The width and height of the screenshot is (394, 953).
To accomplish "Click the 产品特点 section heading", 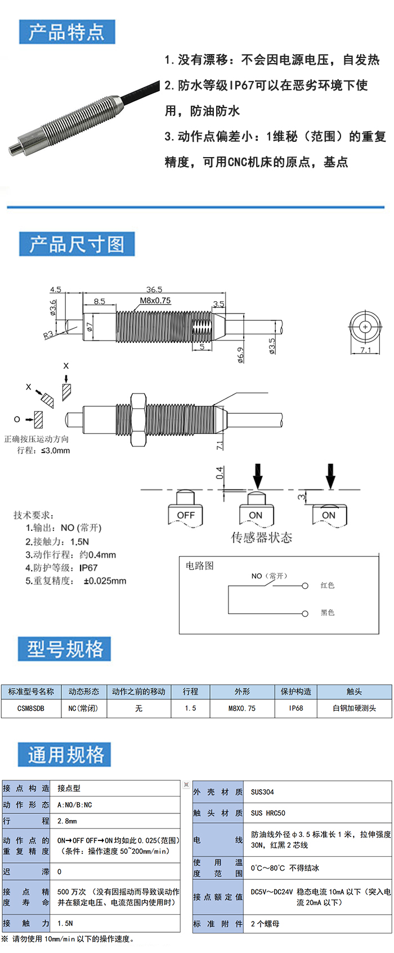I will tap(67, 32).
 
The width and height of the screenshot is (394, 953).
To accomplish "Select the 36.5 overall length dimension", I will tap(154, 289).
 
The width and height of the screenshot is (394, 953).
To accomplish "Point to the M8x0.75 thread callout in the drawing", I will tap(155, 301).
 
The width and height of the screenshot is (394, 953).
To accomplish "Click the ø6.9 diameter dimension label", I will tap(241, 355).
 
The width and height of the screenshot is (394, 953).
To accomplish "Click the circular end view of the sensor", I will tap(365, 327).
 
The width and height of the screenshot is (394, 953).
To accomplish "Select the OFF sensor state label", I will tap(186, 515).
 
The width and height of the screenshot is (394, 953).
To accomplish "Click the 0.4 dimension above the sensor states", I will tap(220, 472).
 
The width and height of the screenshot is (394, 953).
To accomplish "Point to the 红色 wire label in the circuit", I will tap(328, 585).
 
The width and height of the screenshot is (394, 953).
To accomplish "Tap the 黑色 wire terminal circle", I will tap(305, 613).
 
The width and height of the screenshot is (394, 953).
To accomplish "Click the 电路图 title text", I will tap(200, 566).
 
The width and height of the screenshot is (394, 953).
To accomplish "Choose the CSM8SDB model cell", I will tap(31, 708).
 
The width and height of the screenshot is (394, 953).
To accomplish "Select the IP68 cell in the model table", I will tap(296, 708).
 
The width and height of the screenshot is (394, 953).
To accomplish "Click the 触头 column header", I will tap(354, 691).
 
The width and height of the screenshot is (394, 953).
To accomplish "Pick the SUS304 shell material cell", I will tap(263, 792).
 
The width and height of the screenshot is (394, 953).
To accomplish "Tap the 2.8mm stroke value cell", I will tap(68, 821).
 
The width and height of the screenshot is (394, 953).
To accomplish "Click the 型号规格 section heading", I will tap(65, 649).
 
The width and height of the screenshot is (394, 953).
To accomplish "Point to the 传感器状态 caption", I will tap(262, 538).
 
